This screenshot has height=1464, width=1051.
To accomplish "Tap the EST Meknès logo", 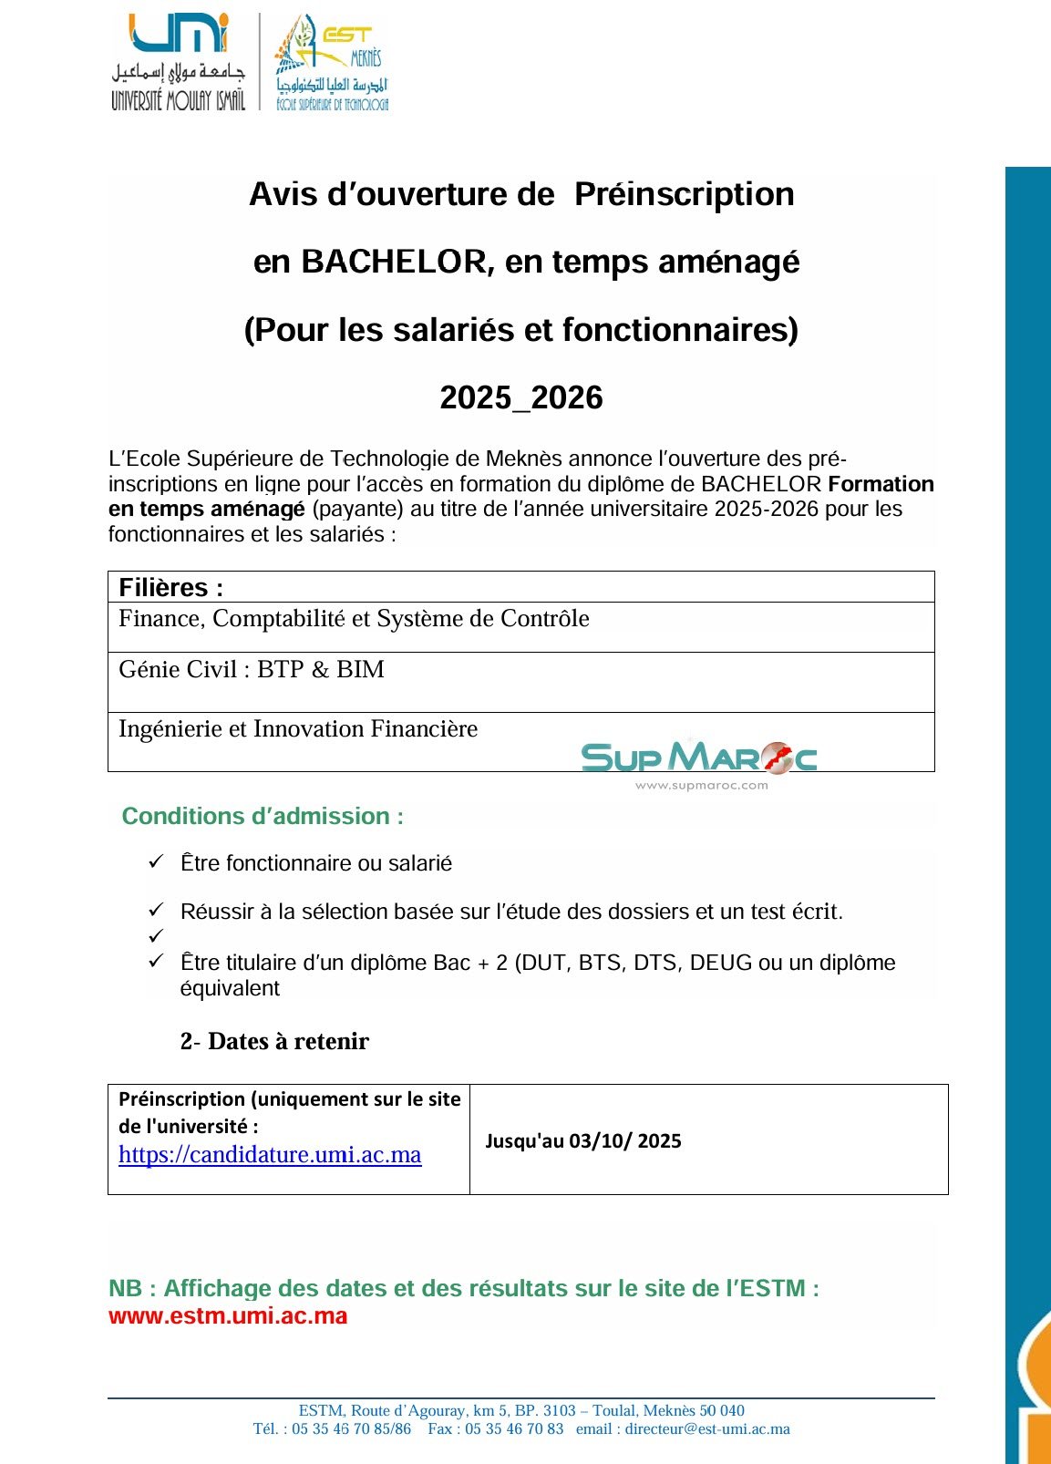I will click(332, 62).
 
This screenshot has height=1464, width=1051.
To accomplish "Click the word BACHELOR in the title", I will click(394, 262).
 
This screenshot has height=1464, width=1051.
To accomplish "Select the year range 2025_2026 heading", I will click(521, 397).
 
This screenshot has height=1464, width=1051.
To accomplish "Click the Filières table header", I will click(171, 587).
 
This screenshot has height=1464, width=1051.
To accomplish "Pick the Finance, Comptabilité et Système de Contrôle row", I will click(354, 619).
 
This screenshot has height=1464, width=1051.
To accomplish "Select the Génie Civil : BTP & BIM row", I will click(252, 670).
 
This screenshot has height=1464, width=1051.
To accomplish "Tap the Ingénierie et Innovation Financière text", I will click(298, 729).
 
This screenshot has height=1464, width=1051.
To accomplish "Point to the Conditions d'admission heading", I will click(263, 816).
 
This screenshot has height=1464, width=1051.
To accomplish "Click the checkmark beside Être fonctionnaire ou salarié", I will click(156, 861).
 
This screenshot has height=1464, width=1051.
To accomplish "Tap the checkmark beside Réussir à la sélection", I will click(156, 910).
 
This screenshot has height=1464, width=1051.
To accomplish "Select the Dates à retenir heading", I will click(275, 1041).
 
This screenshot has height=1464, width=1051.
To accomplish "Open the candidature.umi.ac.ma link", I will click(270, 1155).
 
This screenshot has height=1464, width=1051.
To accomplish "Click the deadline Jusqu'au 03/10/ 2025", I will click(583, 1141).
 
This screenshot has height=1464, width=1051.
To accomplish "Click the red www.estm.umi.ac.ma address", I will click(228, 1316).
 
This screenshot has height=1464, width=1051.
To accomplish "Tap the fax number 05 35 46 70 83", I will click(514, 1429).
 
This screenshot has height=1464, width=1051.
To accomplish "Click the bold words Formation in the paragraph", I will click(881, 484).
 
